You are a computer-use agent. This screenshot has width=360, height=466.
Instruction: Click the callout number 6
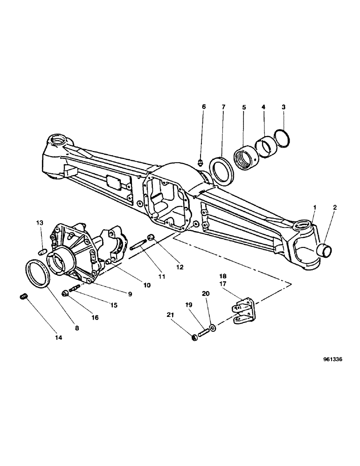click(x=203, y=107)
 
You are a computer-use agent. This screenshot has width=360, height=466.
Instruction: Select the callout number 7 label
click(x=223, y=107)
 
